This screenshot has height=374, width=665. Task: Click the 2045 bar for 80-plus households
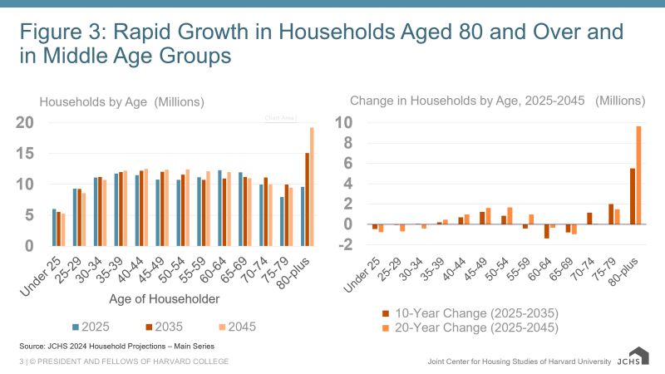coord(313,186)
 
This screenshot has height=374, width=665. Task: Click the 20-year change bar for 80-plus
coord(638,175)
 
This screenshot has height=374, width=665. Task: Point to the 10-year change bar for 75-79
coord(611,214)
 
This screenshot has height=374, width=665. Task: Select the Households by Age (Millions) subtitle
coord(122,102)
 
